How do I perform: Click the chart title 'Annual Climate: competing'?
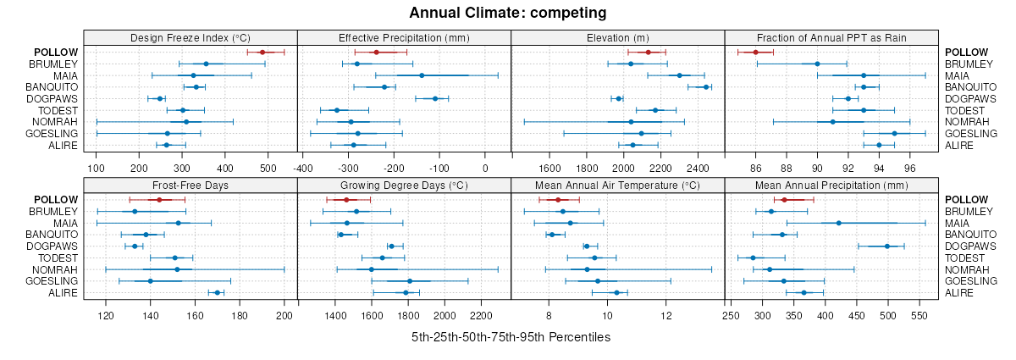(x=507, y=13)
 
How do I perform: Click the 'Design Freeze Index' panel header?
(x=190, y=37)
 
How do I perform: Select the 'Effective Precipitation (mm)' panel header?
(x=404, y=37)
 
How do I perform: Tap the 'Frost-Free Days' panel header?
(x=190, y=185)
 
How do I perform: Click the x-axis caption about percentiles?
(x=511, y=337)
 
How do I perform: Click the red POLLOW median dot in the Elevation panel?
(x=648, y=53)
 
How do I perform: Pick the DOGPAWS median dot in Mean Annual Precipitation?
(x=887, y=246)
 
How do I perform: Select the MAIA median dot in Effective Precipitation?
(x=422, y=75)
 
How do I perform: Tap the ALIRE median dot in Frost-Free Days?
(x=217, y=293)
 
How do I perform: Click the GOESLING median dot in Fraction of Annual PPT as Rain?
(x=894, y=133)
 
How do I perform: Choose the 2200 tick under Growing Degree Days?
(x=481, y=316)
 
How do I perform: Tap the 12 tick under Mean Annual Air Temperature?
(x=666, y=316)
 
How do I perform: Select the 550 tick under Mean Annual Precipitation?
(x=919, y=316)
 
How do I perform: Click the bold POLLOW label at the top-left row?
(x=56, y=53)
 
